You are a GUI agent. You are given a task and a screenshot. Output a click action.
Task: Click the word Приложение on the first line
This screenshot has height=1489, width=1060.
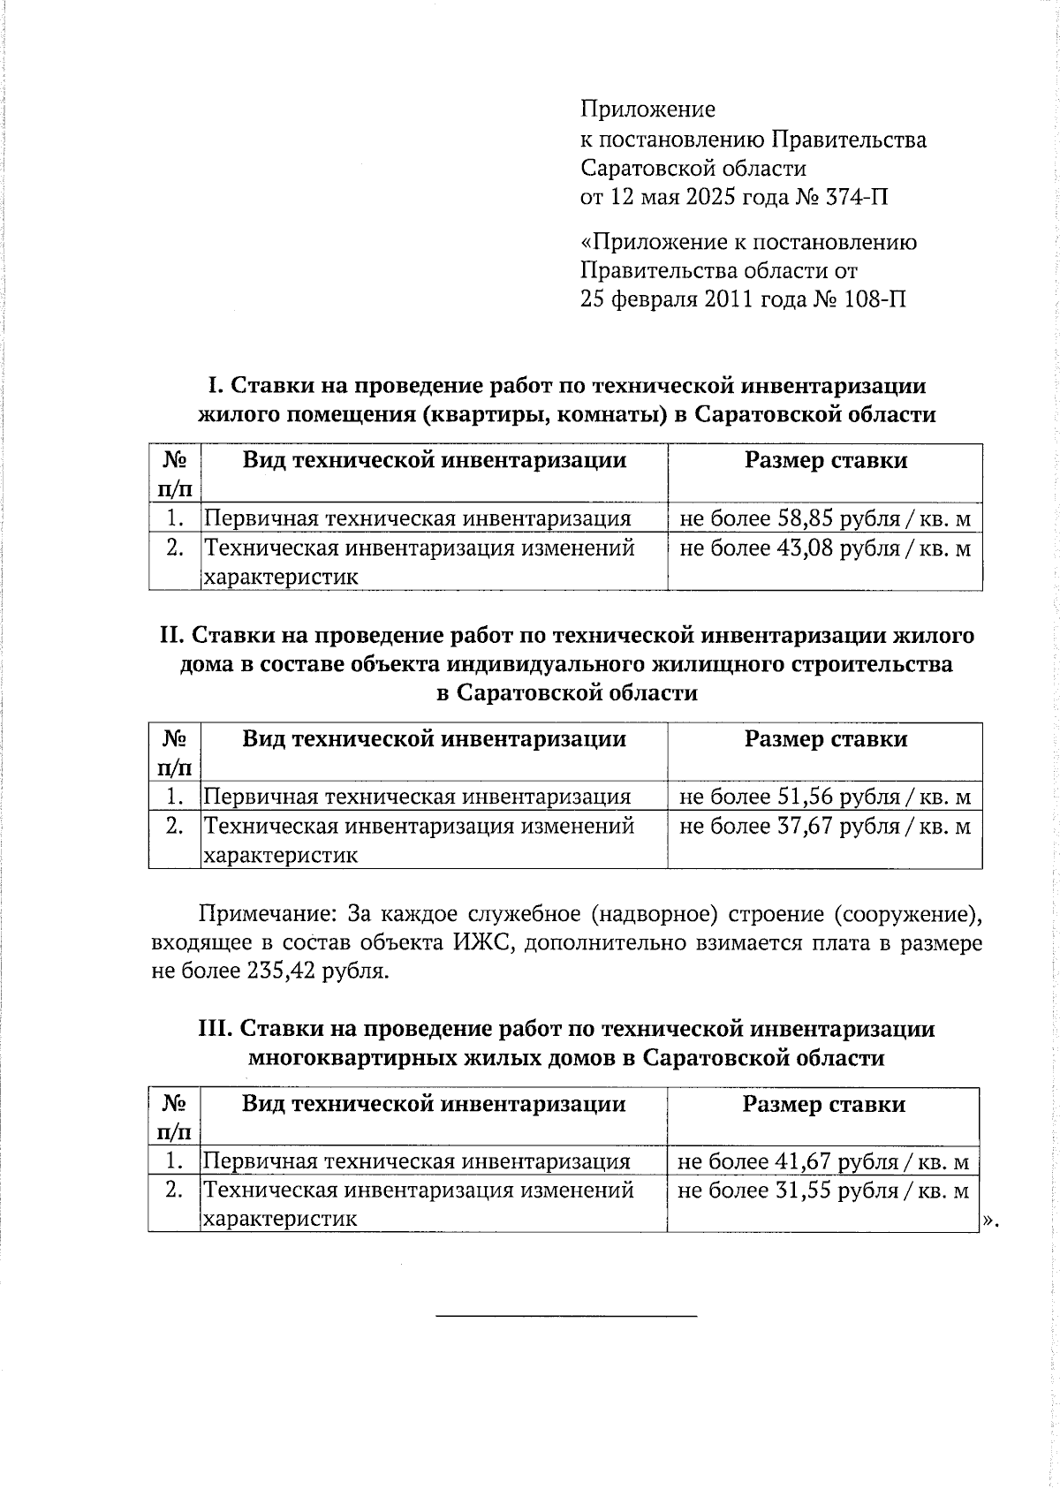pos(647,110)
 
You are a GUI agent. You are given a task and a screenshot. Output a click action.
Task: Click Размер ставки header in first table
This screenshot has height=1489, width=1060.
pos(825,460)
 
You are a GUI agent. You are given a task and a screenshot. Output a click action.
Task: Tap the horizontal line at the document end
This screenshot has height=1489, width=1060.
pos(566,1317)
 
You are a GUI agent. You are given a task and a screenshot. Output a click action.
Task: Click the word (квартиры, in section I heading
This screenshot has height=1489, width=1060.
pos(478,415)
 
